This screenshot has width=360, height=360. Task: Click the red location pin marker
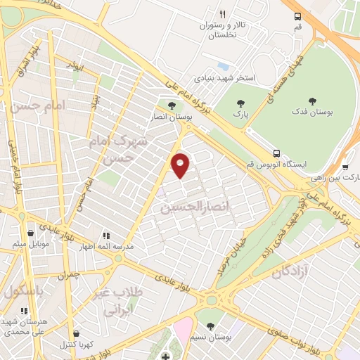[x=181, y=165]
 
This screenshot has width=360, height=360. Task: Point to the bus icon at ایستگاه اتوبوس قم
[x=277, y=153]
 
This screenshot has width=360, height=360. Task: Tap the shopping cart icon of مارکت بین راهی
[x=345, y=167]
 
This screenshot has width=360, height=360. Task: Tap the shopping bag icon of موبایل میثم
[x=30, y=233]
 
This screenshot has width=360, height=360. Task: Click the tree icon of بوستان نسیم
[x=211, y=326]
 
